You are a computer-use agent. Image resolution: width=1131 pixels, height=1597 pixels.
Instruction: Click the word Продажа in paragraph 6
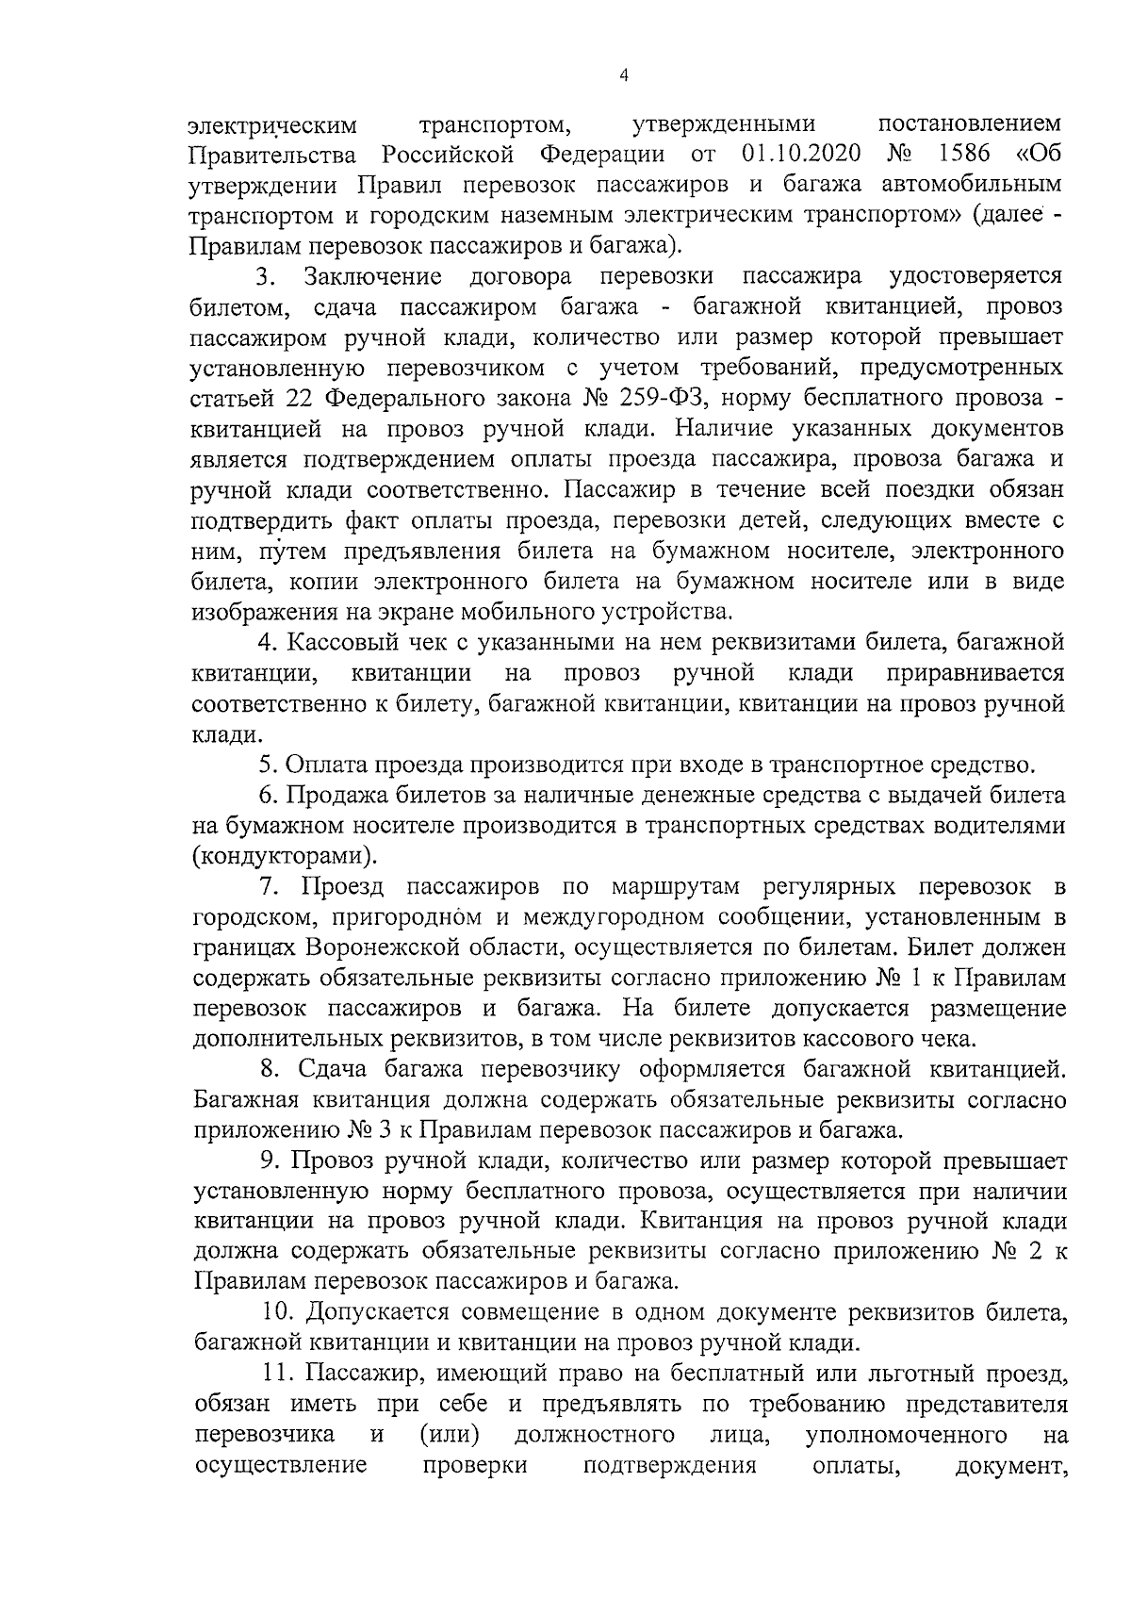[334, 796]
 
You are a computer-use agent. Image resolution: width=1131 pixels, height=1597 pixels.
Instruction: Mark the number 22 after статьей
[299, 398]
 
